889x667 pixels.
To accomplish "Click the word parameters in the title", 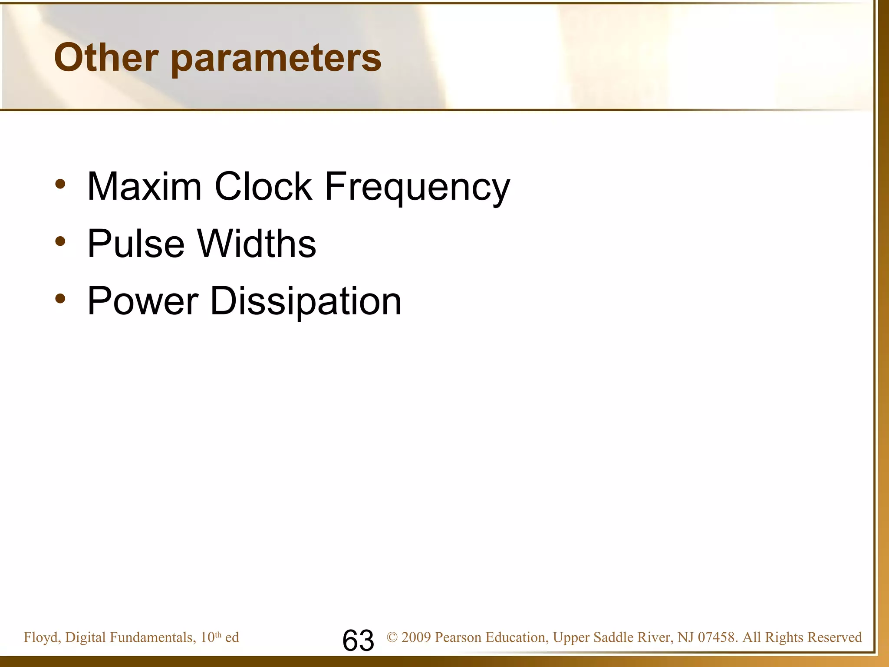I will pyautogui.click(x=276, y=59).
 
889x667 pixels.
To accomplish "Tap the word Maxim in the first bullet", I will pyautogui.click(x=145, y=187).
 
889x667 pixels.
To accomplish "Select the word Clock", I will pyautogui.click(x=263, y=187).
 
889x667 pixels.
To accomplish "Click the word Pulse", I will pyautogui.click(x=136, y=244).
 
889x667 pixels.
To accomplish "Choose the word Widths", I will pyautogui.click(x=257, y=244).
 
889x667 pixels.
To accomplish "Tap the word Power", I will pyautogui.click(x=143, y=301).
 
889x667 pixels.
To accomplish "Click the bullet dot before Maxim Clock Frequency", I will pyautogui.click(x=60, y=184).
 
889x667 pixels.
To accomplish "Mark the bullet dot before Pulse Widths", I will pyautogui.click(x=60, y=241).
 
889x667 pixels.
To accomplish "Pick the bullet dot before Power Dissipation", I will pyautogui.click(x=60, y=299).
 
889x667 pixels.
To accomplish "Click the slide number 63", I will pyautogui.click(x=358, y=641).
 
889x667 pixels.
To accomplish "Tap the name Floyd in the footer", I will pyautogui.click(x=41, y=637).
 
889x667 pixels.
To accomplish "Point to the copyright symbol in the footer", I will pyautogui.click(x=392, y=637).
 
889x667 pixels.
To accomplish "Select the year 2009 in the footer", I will pyautogui.click(x=416, y=637).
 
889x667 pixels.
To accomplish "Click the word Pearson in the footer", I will pyautogui.click(x=458, y=637).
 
